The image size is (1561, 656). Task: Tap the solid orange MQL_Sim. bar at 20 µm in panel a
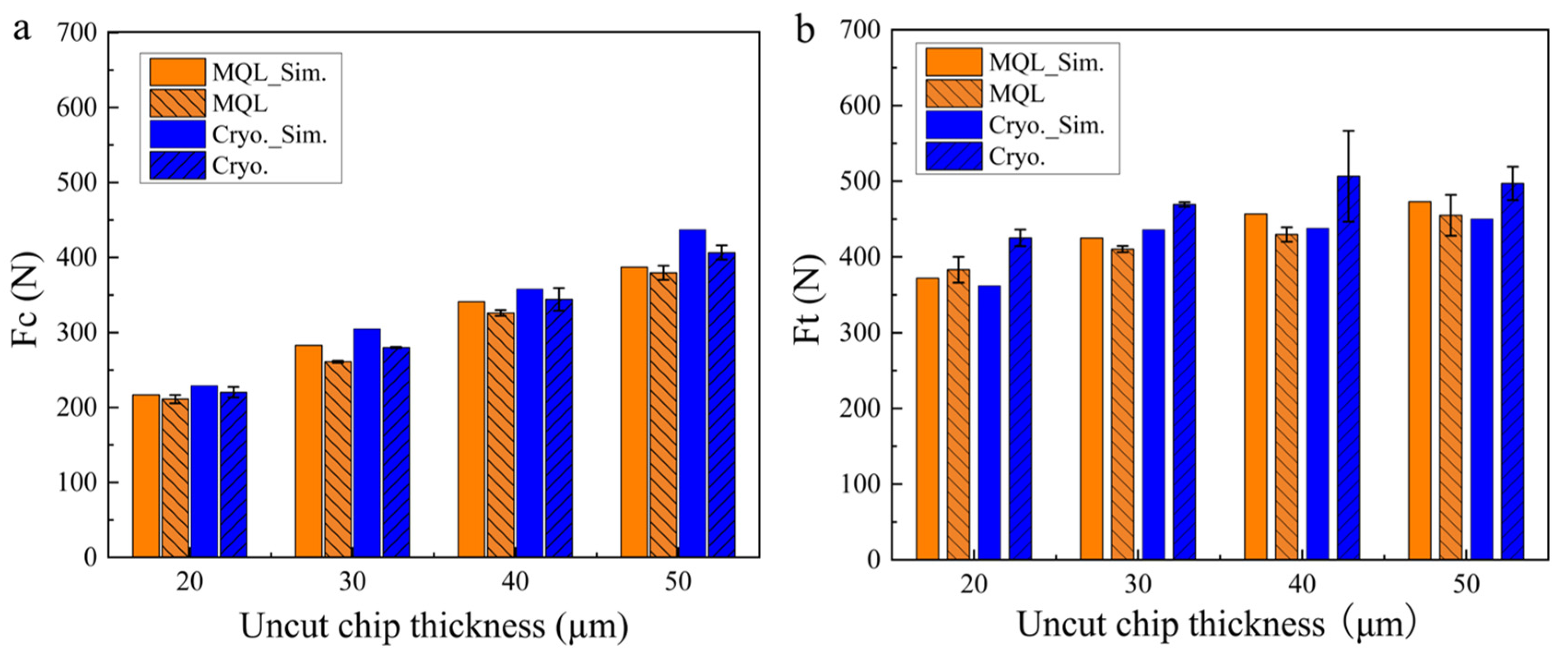(146, 476)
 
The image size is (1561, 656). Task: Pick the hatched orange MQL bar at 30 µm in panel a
(338, 459)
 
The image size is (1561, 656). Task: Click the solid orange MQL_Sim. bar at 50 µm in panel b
(1420, 380)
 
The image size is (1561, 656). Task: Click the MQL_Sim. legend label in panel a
(270, 73)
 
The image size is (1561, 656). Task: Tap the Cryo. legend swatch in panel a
(177, 166)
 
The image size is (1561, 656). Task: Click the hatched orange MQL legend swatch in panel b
(954, 94)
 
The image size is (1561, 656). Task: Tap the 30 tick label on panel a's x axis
(352, 582)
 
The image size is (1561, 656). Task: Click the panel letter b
(805, 29)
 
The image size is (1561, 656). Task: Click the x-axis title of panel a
(434, 627)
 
